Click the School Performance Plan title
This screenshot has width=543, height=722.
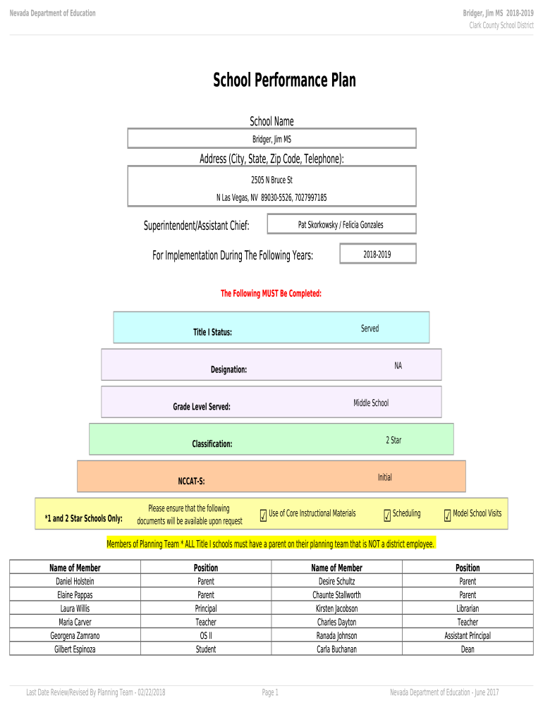coord(284,80)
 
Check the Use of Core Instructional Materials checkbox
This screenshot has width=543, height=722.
coord(263,517)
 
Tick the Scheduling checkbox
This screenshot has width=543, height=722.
coord(387,517)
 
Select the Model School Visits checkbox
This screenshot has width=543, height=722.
coord(447,517)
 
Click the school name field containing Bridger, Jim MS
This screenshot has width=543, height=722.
coord(271,139)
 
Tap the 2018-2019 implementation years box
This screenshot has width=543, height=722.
coord(377,254)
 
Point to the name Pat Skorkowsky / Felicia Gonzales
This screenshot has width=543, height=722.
coord(341,225)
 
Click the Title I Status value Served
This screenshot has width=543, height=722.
coord(370,329)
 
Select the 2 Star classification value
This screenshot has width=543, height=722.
coord(393,440)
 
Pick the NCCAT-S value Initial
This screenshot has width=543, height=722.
coord(384,477)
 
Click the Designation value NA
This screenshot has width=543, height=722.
coord(398,365)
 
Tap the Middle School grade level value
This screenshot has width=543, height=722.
coord(371,403)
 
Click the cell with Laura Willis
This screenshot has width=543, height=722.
coord(75,608)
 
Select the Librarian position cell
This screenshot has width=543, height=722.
coord(468,608)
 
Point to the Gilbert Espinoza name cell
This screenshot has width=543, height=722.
coord(75,649)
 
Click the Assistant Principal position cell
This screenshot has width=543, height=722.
coord(468,635)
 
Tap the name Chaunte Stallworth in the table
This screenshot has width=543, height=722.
coord(336,595)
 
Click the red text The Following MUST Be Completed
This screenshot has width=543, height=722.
coord(271,293)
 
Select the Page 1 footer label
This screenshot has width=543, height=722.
coord(270,692)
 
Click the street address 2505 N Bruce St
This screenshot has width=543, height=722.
coord(271,180)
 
